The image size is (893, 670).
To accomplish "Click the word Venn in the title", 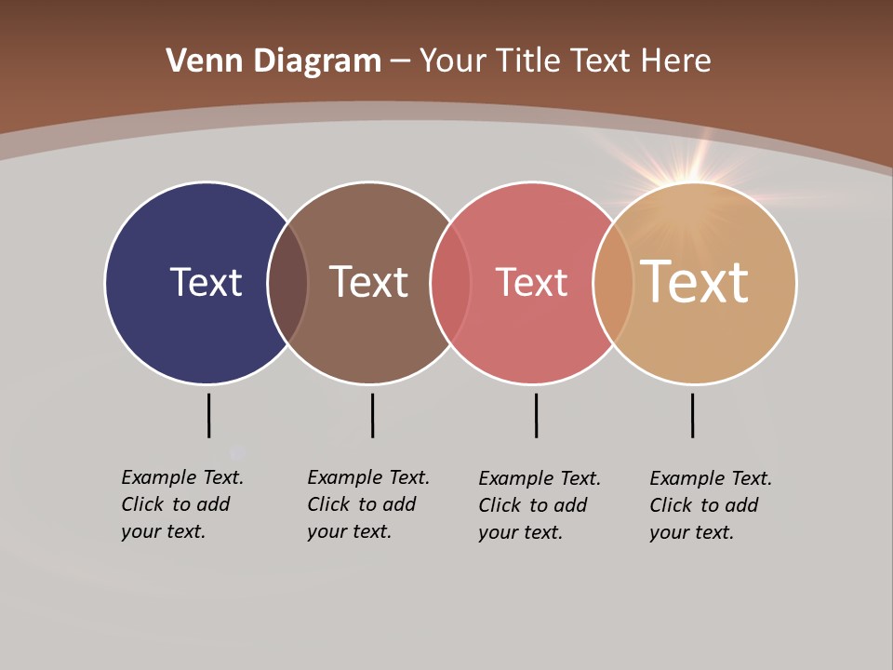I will click(196, 61).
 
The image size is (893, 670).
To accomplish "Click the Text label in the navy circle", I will click(206, 282).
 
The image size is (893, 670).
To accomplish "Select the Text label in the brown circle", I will click(368, 282).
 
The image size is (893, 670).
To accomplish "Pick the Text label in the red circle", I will click(531, 282).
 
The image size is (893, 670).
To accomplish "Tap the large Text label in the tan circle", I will click(694, 282).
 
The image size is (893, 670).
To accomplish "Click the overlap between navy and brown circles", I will click(287, 283).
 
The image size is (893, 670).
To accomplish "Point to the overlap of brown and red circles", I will click(450, 283).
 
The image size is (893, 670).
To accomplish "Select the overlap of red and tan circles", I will click(613, 283).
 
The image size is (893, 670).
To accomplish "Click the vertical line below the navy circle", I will click(208, 415).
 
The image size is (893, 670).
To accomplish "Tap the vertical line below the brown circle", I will click(372, 415).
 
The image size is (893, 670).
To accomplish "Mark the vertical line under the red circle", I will click(536, 415).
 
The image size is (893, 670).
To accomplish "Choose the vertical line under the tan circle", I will click(692, 415).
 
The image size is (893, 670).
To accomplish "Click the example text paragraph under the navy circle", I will click(181, 504).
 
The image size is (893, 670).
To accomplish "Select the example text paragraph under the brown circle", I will click(367, 504).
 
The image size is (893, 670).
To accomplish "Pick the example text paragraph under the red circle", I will click(539, 505).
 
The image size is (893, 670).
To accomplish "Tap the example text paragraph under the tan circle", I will click(710, 505).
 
